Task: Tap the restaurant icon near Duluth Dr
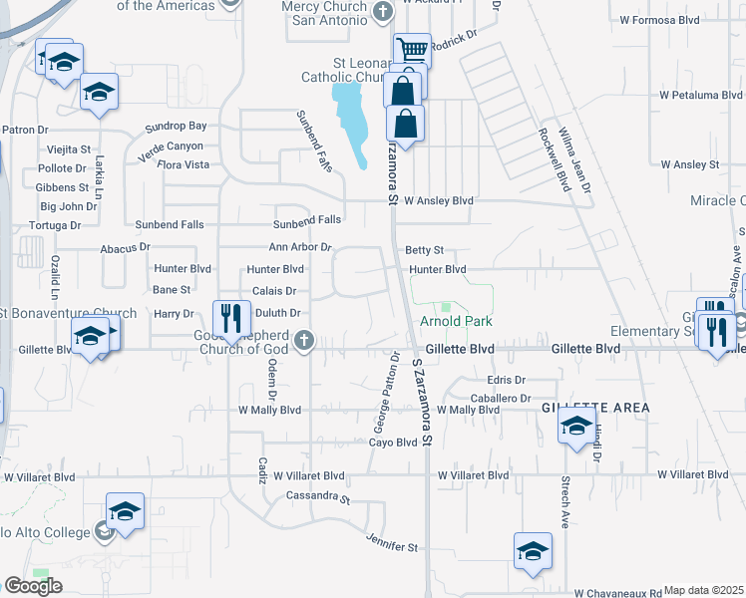(x=230, y=319)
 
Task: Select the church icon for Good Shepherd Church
(x=304, y=342)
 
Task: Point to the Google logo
(x=33, y=586)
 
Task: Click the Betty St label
(x=424, y=250)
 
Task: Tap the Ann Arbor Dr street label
(x=299, y=247)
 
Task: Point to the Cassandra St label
(x=318, y=495)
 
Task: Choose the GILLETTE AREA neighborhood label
(x=595, y=409)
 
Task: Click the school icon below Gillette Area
(x=576, y=427)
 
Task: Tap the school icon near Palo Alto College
(x=125, y=511)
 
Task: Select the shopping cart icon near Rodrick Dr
(x=411, y=50)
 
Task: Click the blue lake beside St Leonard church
(x=350, y=115)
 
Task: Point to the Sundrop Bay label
(x=176, y=127)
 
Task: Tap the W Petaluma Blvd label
(x=701, y=96)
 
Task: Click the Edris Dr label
(x=506, y=381)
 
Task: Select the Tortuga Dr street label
(x=56, y=225)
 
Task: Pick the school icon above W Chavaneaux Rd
(x=533, y=551)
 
